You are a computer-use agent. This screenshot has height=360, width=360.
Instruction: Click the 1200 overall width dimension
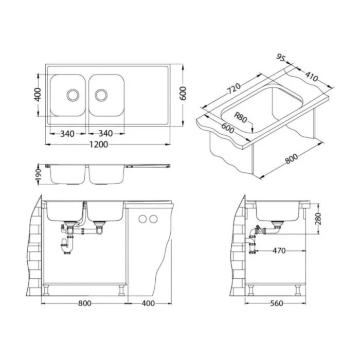pyautogui.click(x=99, y=145)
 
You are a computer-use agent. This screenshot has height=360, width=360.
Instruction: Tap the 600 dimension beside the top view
pyautogui.click(x=183, y=94)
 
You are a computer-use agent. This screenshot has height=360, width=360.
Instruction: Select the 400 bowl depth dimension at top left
pyautogui.click(x=38, y=94)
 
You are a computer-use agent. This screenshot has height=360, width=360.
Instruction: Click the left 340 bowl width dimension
pyautogui.click(x=67, y=133)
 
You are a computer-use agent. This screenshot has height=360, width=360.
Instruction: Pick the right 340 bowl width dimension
pyautogui.click(x=105, y=133)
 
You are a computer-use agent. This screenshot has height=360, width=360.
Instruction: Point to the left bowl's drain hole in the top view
pyautogui.click(x=73, y=95)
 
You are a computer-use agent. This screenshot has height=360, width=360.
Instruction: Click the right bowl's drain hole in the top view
pyautogui.click(x=101, y=95)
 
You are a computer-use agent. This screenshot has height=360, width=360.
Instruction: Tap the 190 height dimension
pyautogui.click(x=38, y=174)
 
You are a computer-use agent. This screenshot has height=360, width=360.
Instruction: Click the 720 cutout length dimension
pyautogui.click(x=234, y=88)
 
